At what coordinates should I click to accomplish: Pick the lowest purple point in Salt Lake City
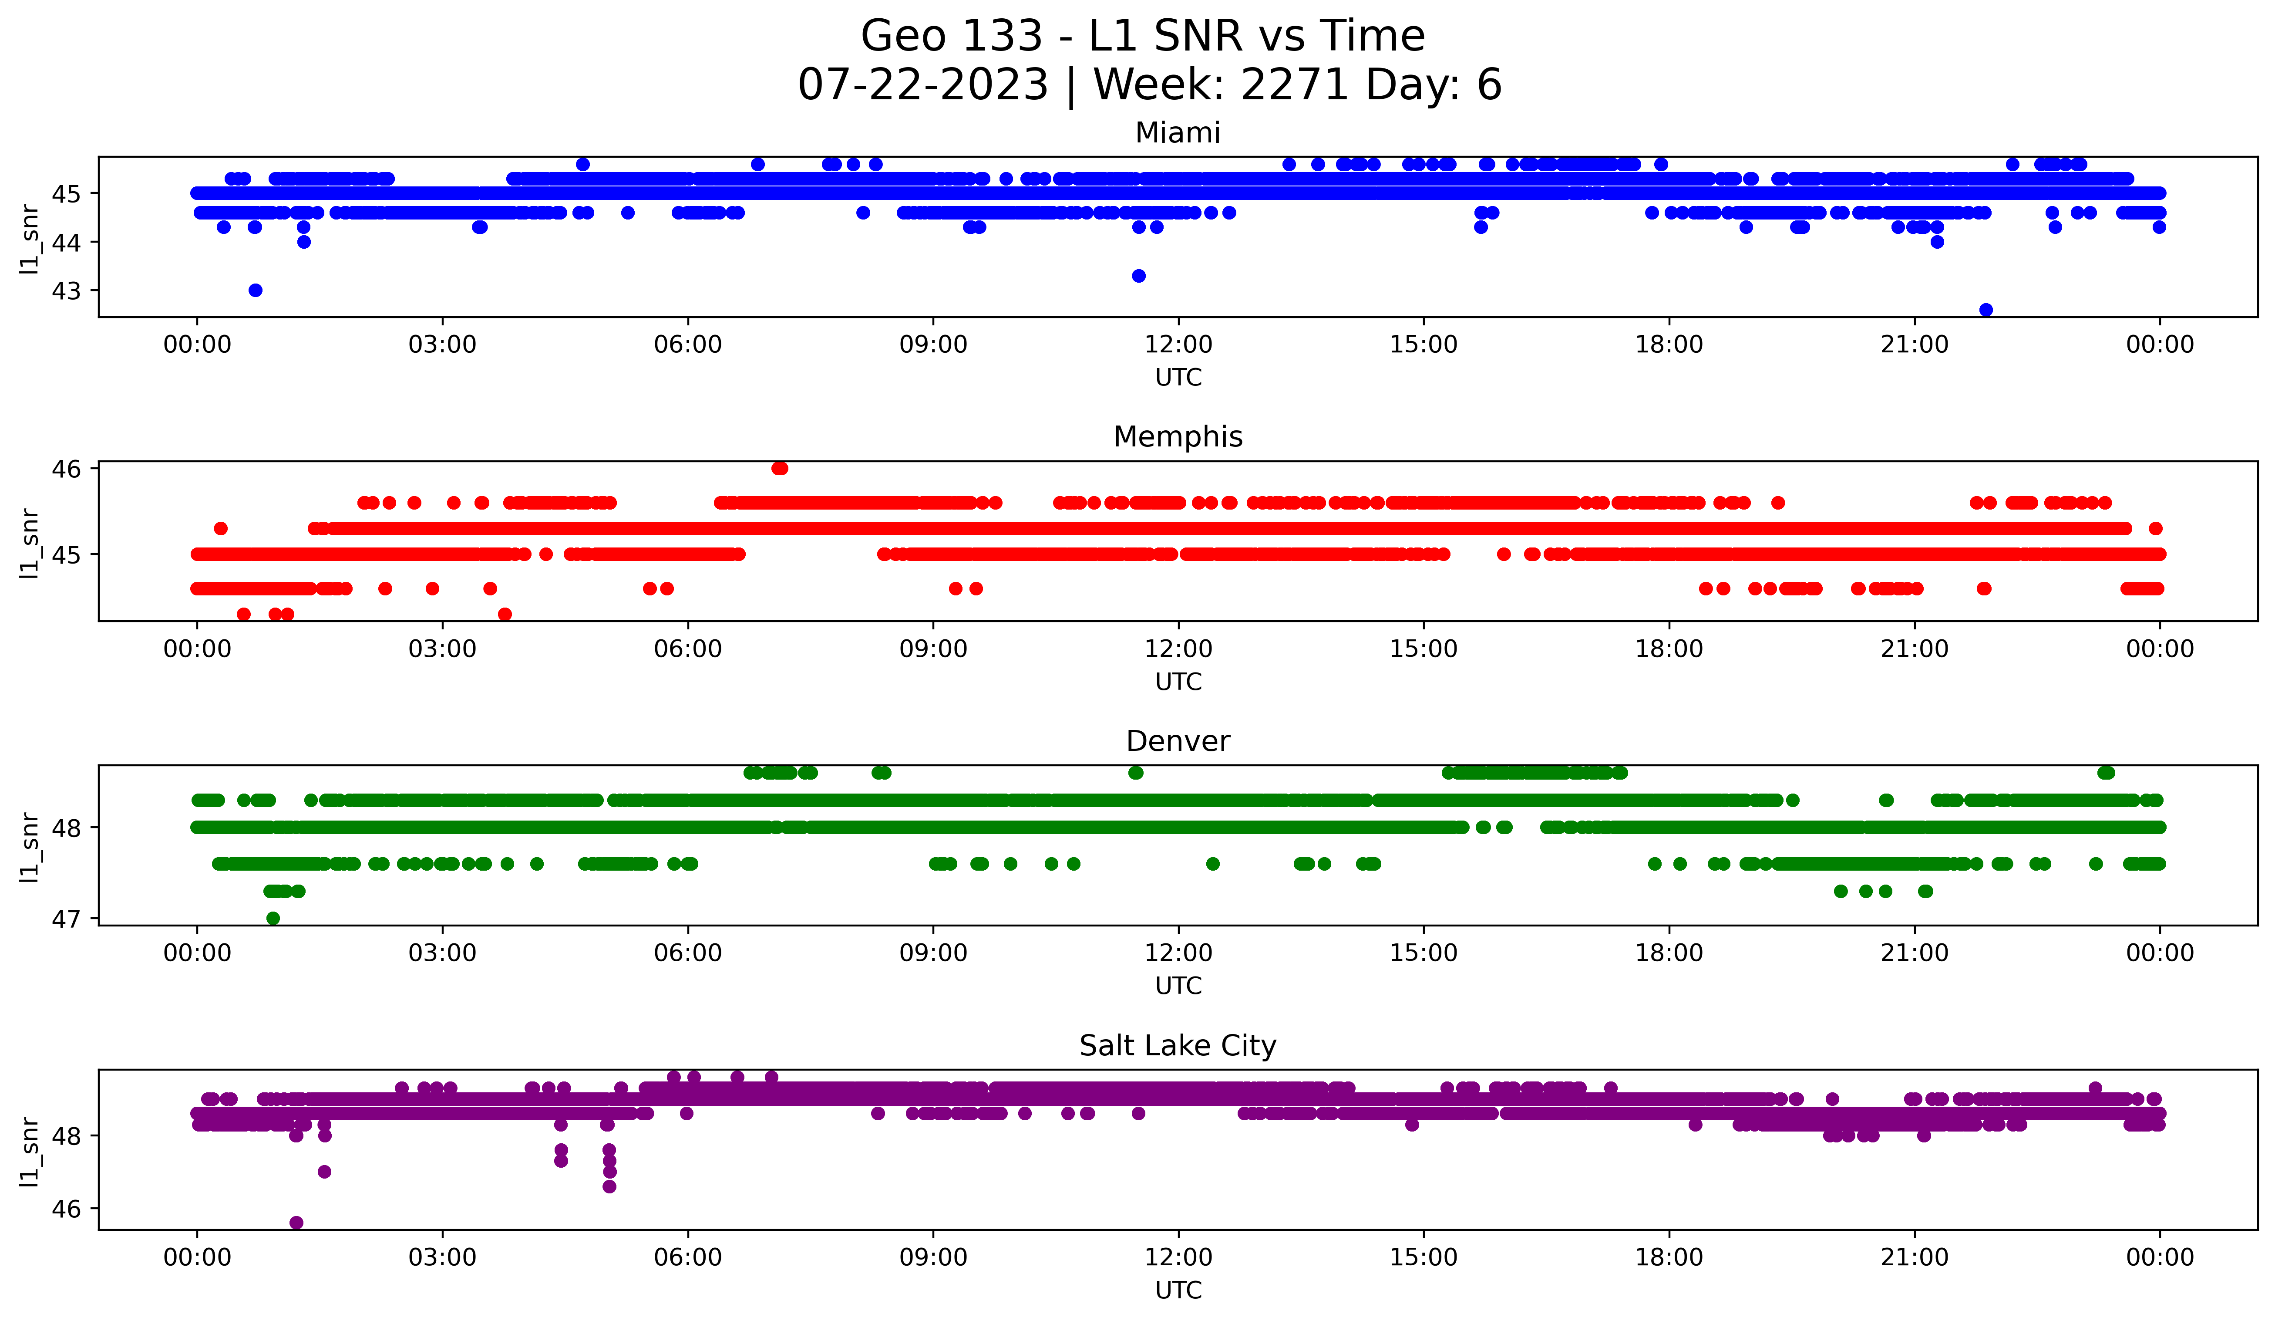(296, 1223)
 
